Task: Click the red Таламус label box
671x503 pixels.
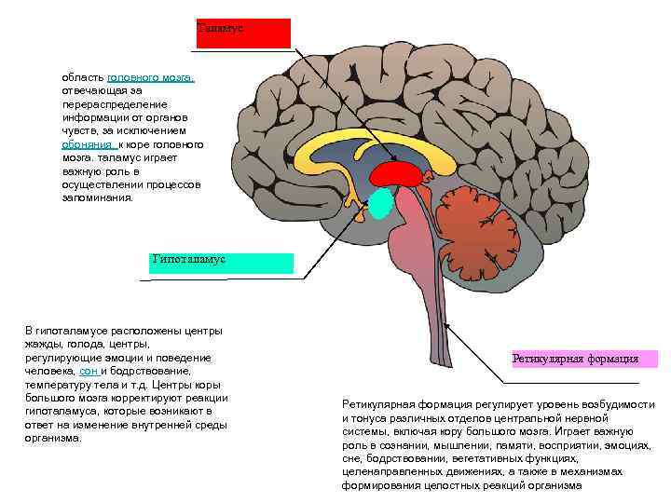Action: pos(243,33)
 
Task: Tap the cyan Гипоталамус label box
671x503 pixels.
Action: pos(221,263)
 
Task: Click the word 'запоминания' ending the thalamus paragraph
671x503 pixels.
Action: pos(98,197)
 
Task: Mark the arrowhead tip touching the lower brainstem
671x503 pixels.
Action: pos(446,324)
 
